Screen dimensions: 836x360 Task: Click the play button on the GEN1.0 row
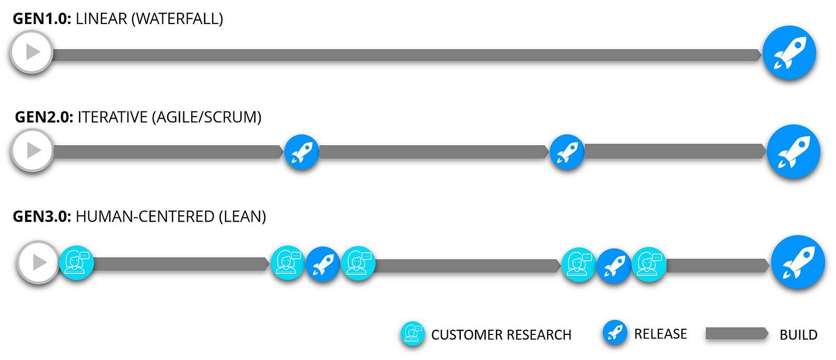32,52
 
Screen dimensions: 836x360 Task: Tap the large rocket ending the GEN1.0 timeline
789,53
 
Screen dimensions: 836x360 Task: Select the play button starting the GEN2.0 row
33,150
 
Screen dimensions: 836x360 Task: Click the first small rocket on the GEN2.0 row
301,152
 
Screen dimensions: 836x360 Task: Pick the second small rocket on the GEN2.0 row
567,152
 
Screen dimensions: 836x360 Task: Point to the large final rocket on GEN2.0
794,152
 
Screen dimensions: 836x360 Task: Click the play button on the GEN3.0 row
38,262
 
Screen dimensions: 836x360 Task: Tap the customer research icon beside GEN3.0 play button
76,263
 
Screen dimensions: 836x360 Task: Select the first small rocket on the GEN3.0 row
323,264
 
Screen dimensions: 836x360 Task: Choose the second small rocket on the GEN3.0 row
614,265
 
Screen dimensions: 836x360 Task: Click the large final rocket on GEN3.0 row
798,262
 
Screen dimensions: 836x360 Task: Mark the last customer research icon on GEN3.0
649,264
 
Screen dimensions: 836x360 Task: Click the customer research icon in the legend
412,333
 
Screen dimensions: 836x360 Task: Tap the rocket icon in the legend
614,332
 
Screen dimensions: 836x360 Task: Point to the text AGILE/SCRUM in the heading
206,117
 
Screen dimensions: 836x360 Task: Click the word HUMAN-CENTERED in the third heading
145,216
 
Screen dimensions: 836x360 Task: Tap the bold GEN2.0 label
44,117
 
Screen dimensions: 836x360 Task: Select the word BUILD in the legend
798,334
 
